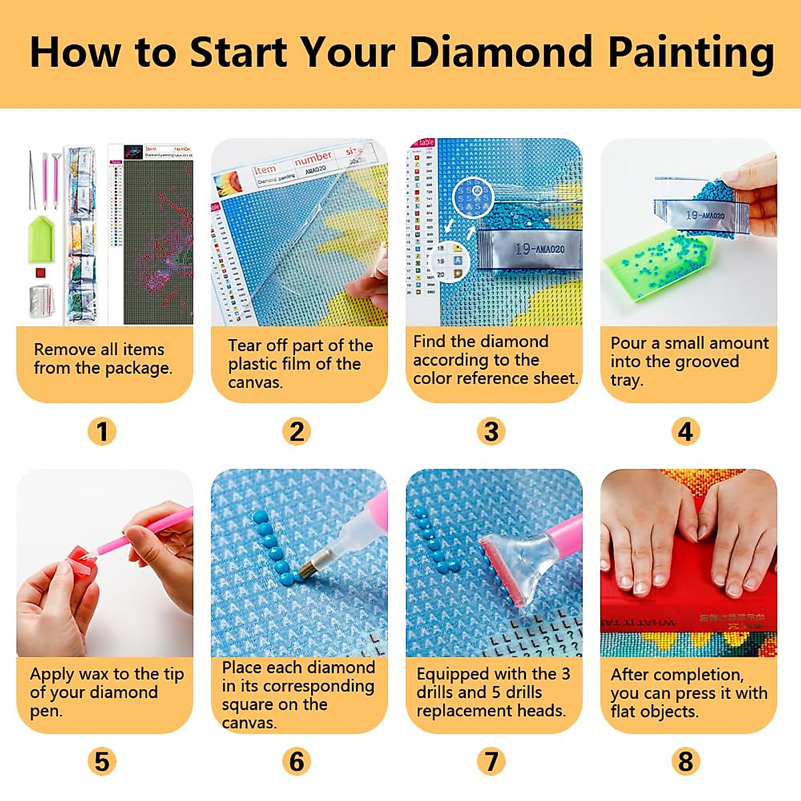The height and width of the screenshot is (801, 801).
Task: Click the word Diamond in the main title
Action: [x=501, y=52]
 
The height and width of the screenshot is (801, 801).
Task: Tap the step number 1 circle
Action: [x=102, y=431]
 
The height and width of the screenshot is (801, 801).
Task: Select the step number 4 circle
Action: [x=686, y=431]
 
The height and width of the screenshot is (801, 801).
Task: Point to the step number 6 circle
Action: [x=296, y=761]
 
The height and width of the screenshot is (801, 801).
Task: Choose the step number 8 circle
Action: [x=686, y=761]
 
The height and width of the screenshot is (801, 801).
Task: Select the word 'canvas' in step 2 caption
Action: [x=255, y=383]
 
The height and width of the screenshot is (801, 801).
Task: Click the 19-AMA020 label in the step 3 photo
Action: [x=539, y=249]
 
